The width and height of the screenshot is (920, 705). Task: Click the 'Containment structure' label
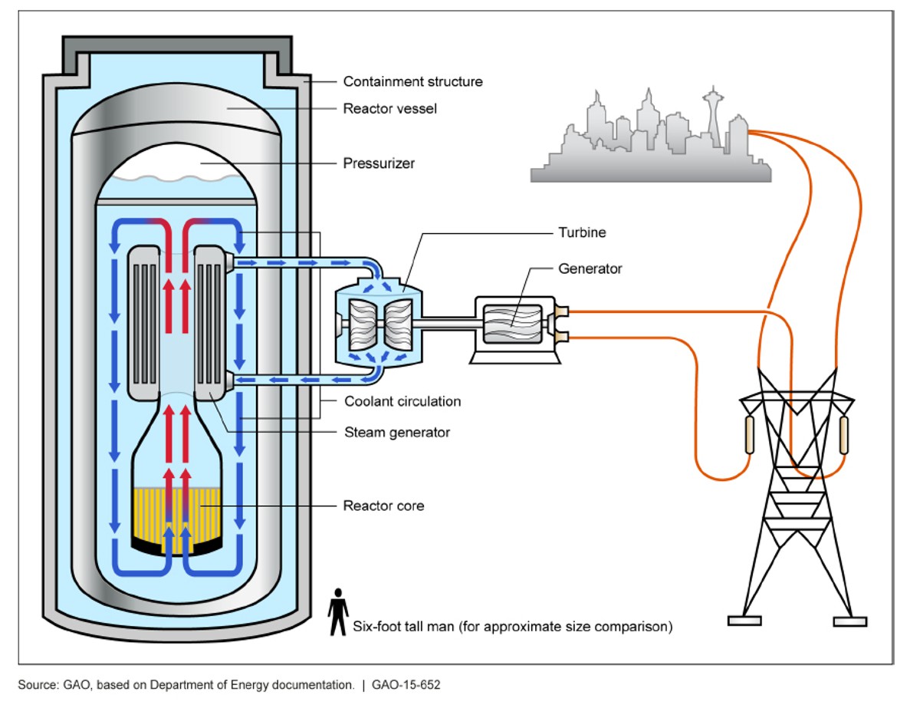click(412, 81)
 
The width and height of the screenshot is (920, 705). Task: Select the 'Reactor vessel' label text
click(389, 109)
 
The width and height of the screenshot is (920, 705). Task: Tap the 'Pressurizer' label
click(378, 163)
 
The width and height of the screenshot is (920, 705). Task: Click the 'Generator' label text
click(590, 268)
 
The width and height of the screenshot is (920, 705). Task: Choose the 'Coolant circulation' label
click(402, 401)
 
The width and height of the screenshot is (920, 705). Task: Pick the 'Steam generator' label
click(396, 433)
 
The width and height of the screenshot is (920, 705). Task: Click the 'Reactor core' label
click(383, 506)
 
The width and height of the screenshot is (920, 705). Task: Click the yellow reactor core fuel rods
click(178, 511)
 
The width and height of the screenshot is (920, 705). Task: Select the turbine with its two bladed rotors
click(376, 323)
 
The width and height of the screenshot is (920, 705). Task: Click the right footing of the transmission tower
click(849, 620)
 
